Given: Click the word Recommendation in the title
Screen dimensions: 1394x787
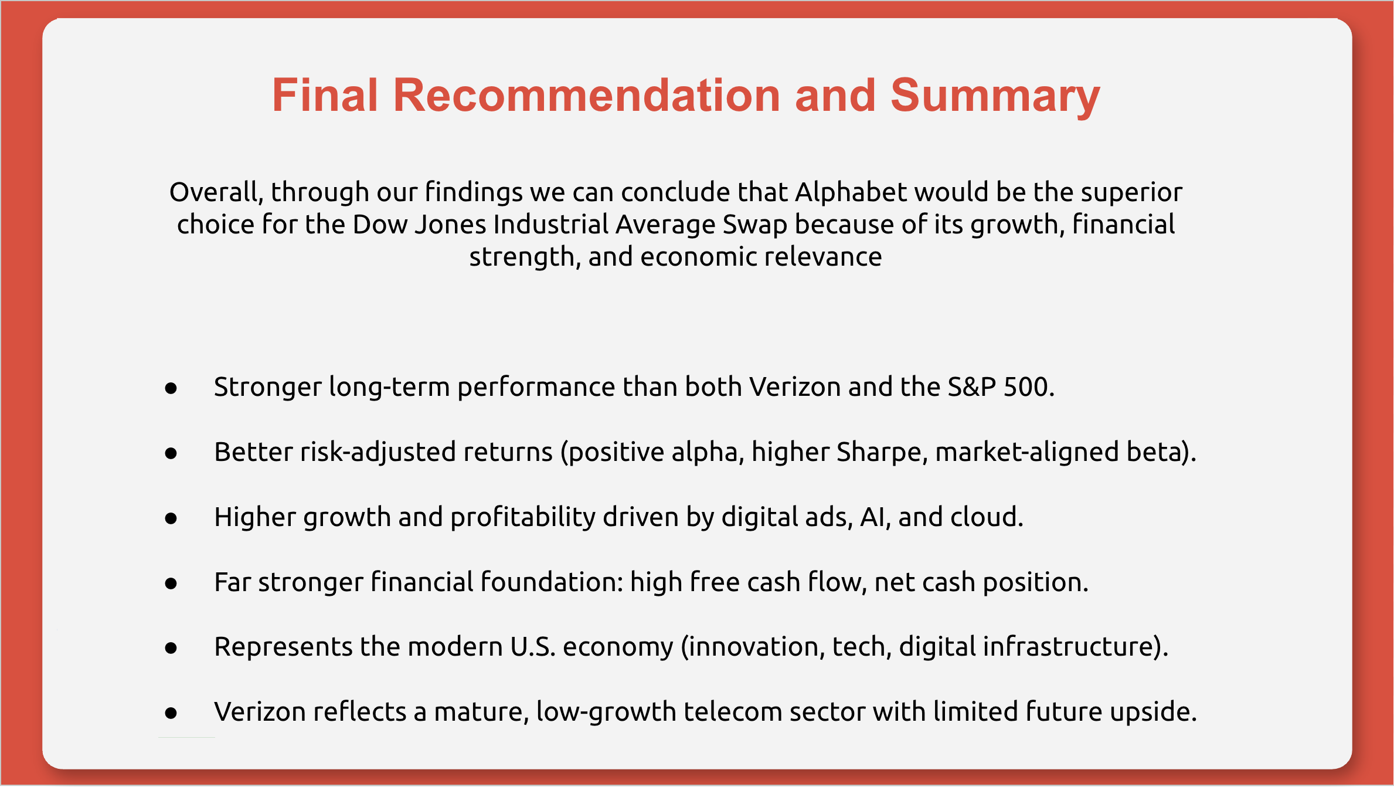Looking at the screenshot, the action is tap(586, 95).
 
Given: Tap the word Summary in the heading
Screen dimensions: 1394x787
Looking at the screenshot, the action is tap(995, 97).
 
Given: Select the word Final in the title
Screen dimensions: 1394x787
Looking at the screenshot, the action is tap(325, 95).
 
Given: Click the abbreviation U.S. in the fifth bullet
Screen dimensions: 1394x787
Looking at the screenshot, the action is tap(533, 647).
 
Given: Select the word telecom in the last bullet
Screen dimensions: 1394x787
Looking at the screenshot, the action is tap(733, 712).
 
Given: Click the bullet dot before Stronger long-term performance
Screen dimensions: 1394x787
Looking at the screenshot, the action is tap(171, 388).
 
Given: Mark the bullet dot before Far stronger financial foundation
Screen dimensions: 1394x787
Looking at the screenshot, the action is tap(171, 584).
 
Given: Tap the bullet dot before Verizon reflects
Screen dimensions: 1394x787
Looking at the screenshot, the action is tap(171, 713).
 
